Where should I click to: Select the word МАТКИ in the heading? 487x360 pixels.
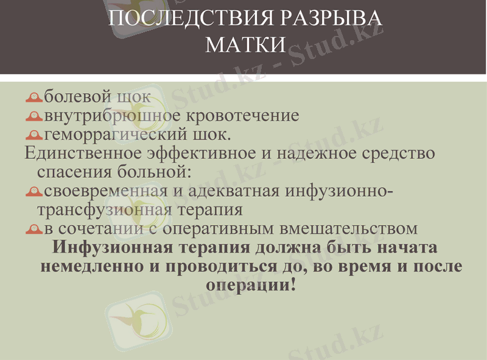pyautogui.click(x=246, y=44)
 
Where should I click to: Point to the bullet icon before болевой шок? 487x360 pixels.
pyautogui.click(x=34, y=97)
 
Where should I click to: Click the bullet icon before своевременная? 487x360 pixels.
pyautogui.click(x=34, y=192)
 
